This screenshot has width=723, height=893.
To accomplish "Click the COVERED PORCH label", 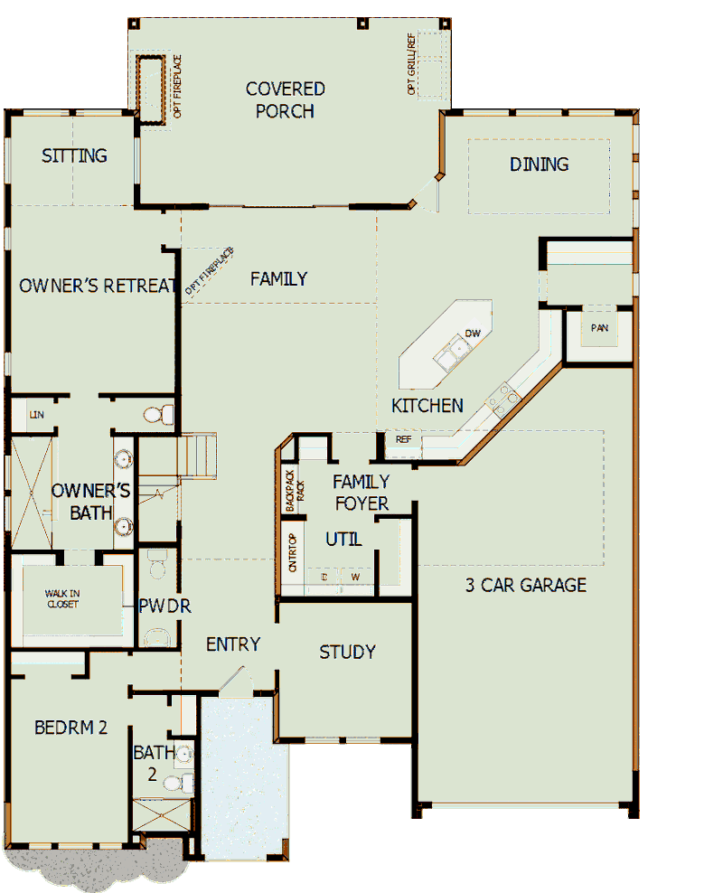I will [285, 99].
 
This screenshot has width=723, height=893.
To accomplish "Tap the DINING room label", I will [539, 164].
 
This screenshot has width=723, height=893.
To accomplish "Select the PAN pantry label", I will [599, 328].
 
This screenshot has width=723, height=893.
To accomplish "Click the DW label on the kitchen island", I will [472, 334].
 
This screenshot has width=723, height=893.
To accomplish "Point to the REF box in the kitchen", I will [402, 440].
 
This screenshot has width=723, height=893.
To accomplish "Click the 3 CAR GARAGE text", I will [525, 585].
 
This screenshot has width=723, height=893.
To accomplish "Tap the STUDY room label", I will [347, 652].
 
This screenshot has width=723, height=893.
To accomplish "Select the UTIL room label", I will [343, 540].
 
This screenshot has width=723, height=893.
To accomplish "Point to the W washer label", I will [355, 577].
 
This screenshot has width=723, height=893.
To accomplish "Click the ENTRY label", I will [233, 644].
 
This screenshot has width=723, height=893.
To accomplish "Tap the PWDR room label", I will [164, 606].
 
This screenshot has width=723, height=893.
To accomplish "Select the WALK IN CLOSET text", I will [62, 599].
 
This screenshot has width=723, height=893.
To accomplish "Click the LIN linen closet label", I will [37, 414].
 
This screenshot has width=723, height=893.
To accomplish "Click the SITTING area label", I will [74, 155].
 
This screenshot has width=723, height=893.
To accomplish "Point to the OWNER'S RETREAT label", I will [97, 286].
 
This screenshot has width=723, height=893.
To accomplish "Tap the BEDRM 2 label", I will [71, 728].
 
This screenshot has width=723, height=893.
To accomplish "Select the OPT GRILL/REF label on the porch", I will [412, 65].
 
